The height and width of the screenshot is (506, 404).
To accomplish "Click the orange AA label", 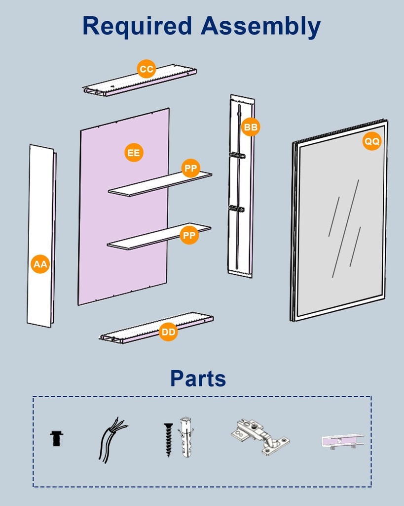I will click(40, 264).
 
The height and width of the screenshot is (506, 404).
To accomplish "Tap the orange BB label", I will click(251, 127).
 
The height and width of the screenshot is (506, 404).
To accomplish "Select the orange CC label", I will click(147, 69).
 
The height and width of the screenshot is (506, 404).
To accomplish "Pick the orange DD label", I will click(169, 332).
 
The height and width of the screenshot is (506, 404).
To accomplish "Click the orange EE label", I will click(134, 153).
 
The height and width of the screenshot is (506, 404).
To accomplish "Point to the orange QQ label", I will click(372, 141).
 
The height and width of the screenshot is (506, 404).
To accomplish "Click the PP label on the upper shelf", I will click(190, 169).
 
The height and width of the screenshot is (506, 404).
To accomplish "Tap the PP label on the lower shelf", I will click(189, 235).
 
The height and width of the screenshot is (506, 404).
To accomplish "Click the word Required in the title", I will click(137, 26).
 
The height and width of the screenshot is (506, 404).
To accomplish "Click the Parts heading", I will click(198, 379).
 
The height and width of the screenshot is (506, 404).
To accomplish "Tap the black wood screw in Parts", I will click(168, 439).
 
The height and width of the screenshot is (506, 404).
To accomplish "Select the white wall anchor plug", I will click(185, 437).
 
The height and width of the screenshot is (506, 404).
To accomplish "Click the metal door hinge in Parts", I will click(259, 437).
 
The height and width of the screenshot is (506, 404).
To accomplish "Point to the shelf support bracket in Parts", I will click(342, 441).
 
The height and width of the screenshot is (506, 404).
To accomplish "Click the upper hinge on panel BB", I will click(237, 156).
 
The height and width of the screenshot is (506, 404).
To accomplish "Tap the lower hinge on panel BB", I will click(236, 209).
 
